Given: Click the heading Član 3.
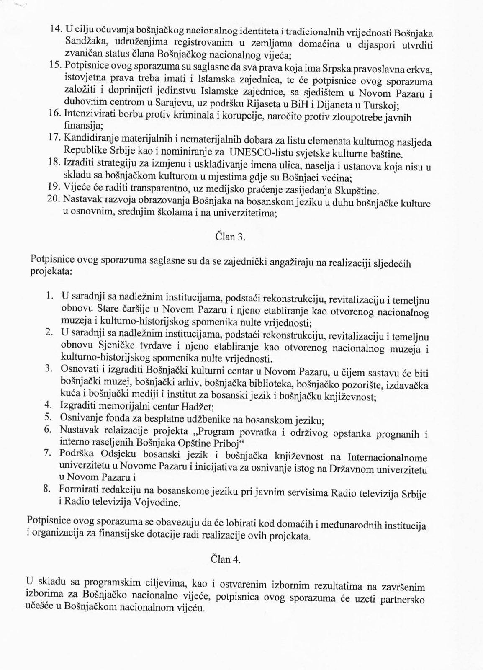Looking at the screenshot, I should click(x=230, y=237).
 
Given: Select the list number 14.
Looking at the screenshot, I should click(x=55, y=29).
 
